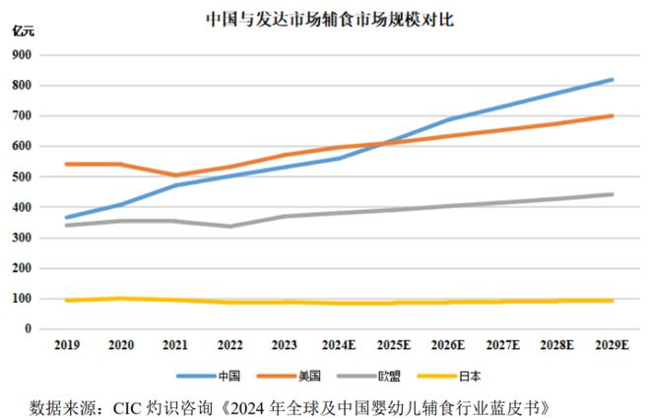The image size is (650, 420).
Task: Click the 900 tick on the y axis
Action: coord(22,55)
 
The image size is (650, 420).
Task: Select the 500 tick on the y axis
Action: coord(22,176)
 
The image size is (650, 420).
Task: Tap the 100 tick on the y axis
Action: coord(22,298)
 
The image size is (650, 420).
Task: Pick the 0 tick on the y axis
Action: coord(29,328)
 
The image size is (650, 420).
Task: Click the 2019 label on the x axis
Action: coord(67,347)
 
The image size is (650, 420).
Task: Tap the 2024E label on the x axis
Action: coord(341,347)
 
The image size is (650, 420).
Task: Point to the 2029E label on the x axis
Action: coord(612,347)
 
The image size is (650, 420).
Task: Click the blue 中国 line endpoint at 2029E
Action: coord(612,80)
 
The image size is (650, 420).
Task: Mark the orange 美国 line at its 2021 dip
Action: coord(176,175)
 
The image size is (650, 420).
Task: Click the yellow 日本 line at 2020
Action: coord(122,298)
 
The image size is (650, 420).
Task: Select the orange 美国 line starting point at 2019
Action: coord(67,164)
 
